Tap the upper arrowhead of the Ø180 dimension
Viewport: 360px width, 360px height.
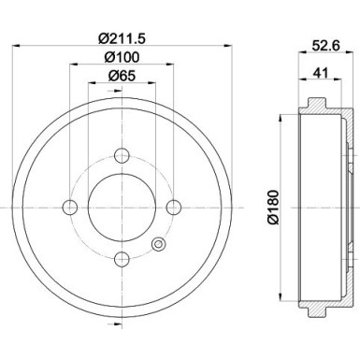pos(281,122)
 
